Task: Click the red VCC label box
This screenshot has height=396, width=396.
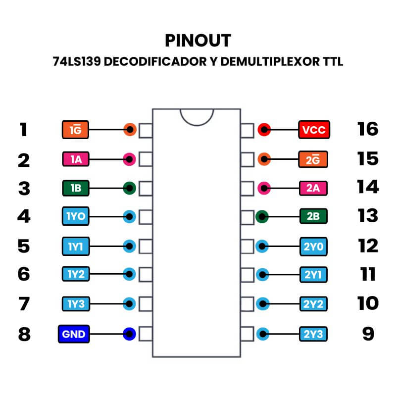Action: pyautogui.click(x=314, y=131)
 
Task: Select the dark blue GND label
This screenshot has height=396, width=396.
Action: pyautogui.click(x=74, y=334)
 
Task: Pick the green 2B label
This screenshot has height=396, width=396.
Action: pyautogui.click(x=314, y=216)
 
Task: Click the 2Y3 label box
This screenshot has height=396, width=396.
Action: pyautogui.click(x=314, y=334)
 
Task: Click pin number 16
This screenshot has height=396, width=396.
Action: pyautogui.click(x=367, y=130)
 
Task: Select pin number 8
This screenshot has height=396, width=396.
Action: pyautogui.click(x=24, y=334)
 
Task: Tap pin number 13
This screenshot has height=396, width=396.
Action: pyautogui.click(x=367, y=216)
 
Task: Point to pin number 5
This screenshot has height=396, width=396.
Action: pyautogui.click(x=24, y=246)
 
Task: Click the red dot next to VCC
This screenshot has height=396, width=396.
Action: pyautogui.click(x=264, y=131)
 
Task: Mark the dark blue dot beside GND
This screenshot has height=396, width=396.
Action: pyautogui.click(x=130, y=334)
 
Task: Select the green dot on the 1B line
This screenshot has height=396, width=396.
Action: pyautogui.click(x=130, y=188)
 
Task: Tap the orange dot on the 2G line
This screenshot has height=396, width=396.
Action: pyautogui.click(x=264, y=159)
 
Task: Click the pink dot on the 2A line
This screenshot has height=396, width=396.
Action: pyautogui.click(x=264, y=188)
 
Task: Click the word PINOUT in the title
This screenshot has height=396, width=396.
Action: pyautogui.click(x=198, y=40)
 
